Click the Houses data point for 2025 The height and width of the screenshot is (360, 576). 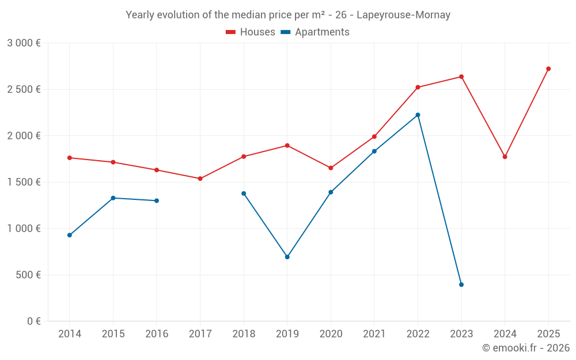click(548, 69)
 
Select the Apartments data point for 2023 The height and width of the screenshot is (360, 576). click(461, 285)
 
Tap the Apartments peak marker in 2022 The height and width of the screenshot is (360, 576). click(418, 115)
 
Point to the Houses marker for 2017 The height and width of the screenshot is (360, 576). click(200, 179)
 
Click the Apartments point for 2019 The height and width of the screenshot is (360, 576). click(287, 257)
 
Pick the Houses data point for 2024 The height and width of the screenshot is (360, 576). click(505, 157)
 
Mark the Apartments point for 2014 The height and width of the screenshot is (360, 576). click(70, 235)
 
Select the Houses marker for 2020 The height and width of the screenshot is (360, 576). click(331, 168)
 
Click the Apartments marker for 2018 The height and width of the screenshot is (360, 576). click(244, 194)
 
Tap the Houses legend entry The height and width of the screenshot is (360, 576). click(251, 32)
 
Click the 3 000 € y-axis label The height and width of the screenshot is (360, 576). click(24, 43)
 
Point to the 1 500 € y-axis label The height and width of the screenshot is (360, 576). click(24, 182)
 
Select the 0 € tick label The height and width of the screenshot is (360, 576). click(33, 321)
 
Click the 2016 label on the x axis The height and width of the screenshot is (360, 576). click(157, 334)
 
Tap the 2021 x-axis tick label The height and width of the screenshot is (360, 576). click(374, 334)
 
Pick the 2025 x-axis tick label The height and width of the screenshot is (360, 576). click(548, 334)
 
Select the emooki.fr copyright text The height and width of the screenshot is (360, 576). click(525, 348)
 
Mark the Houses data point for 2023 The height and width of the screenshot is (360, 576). click(461, 77)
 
